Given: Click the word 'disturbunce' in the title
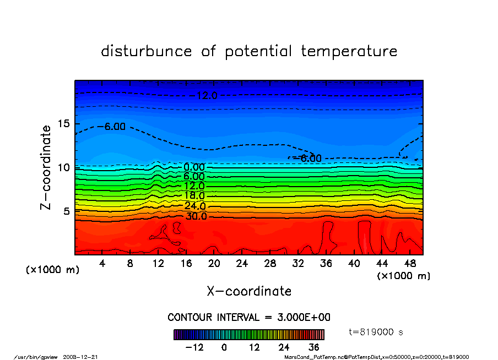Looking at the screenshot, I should pyautogui.click(x=147, y=52).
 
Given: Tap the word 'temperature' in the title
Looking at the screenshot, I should pyautogui.click(x=349, y=52).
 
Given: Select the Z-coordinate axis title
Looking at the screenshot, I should pyautogui.click(x=46, y=167).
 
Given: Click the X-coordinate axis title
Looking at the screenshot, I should pyautogui.click(x=249, y=291).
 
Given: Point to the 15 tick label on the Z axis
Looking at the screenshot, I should pyautogui.click(x=63, y=123).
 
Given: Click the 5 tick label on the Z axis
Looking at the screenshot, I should pyautogui.click(x=67, y=211).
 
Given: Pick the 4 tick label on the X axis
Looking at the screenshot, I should pyautogui.click(x=102, y=264).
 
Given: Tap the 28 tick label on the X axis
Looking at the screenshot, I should pyautogui.click(x=270, y=264).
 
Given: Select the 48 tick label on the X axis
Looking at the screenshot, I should pyautogui.click(x=410, y=264).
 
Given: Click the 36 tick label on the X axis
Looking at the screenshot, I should pyautogui.click(x=326, y=264).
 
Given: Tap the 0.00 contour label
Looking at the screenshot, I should pyautogui.click(x=194, y=167).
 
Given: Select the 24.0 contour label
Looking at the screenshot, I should pyautogui.click(x=194, y=206).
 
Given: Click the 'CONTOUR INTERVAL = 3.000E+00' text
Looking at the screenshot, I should pyautogui.click(x=249, y=318).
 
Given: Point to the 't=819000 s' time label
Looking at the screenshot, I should pyautogui.click(x=377, y=332).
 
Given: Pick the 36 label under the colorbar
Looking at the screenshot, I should pyautogui.click(x=314, y=347).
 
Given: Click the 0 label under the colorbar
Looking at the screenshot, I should pyautogui.click(x=224, y=347).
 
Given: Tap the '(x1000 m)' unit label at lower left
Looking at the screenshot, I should pyautogui.click(x=53, y=270).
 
